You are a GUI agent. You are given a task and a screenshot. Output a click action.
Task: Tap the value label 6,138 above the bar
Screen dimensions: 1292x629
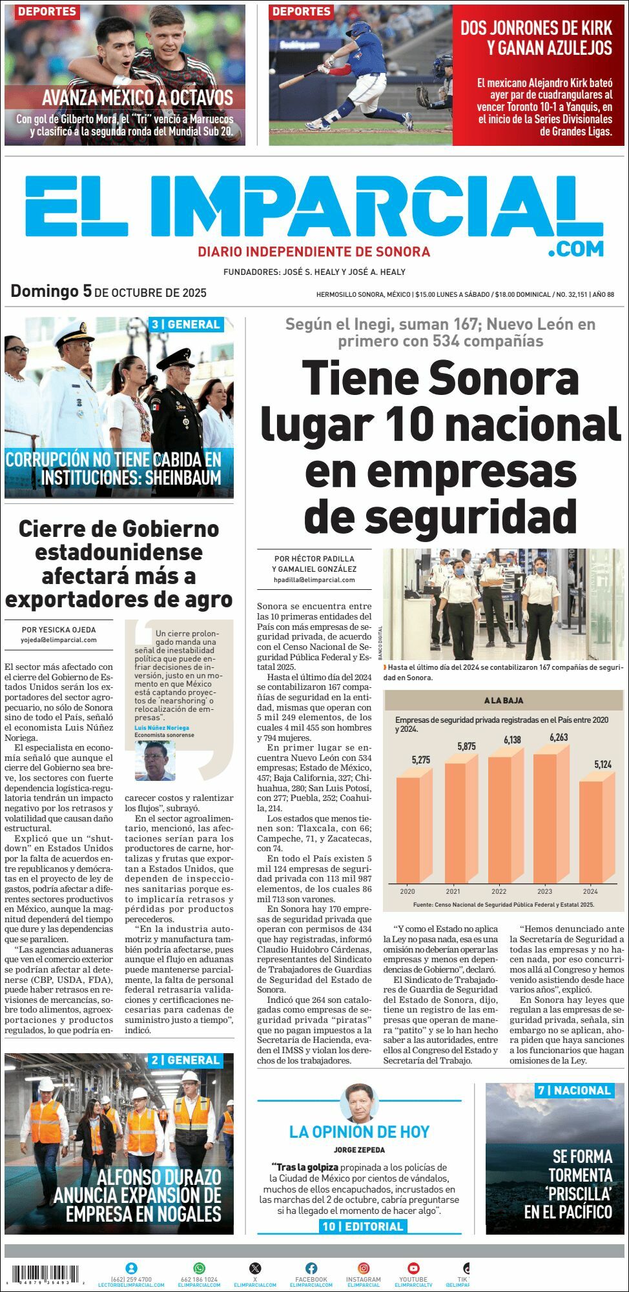512,740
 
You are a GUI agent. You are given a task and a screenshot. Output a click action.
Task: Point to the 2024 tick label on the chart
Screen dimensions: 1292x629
590,891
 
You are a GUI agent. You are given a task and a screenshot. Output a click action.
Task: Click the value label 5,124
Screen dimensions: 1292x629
603,765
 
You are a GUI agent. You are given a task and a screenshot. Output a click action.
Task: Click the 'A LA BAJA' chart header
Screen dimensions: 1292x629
504,700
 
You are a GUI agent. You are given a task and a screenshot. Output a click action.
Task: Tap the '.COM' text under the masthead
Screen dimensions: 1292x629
576,248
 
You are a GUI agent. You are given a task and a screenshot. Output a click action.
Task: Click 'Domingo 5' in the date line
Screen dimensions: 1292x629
51,291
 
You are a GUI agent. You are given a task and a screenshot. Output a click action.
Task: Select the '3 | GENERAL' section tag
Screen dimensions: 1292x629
186,325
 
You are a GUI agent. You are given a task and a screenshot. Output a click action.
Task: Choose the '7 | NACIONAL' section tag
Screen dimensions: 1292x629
573,1091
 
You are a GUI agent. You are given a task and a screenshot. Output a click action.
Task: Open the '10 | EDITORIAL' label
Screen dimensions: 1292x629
362,1226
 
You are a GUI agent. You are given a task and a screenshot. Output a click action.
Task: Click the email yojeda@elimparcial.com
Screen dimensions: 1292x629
59,640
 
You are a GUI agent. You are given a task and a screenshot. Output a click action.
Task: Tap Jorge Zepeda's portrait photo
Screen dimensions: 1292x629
359,1104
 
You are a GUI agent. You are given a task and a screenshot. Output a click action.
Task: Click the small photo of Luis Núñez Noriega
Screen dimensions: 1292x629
155,760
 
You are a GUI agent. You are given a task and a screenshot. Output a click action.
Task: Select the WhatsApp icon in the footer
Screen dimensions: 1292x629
199,1268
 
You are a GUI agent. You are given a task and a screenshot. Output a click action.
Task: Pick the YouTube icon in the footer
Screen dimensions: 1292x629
413,1268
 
